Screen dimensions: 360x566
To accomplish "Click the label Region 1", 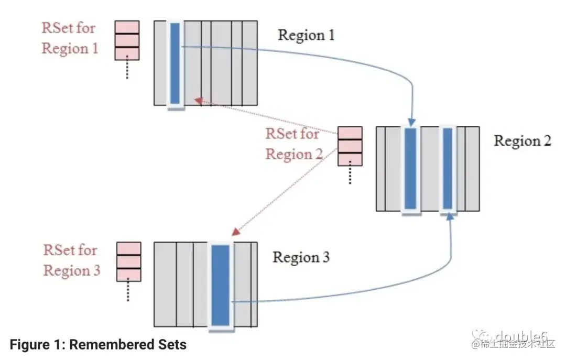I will point(306,35).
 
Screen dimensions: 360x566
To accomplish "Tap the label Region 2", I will point(523,141).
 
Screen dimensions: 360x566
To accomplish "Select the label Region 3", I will point(301,257).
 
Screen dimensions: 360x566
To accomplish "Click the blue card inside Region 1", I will point(175,63).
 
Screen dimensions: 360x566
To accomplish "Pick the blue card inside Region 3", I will point(220,286).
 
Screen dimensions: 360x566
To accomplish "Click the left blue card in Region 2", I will point(411,168).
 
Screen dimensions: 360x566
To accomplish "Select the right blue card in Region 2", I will point(447,168).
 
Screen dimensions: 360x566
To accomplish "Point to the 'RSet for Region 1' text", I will point(70,38).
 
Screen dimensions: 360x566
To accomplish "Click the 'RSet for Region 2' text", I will point(292,144).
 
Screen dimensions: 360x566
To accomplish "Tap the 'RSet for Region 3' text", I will point(71,260).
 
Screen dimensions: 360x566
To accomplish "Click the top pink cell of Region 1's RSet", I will point(127,27).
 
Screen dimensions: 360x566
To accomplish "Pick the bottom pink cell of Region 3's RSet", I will point(128,275).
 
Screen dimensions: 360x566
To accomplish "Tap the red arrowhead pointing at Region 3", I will point(235,231).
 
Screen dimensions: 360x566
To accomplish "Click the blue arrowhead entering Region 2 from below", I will point(450,217).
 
